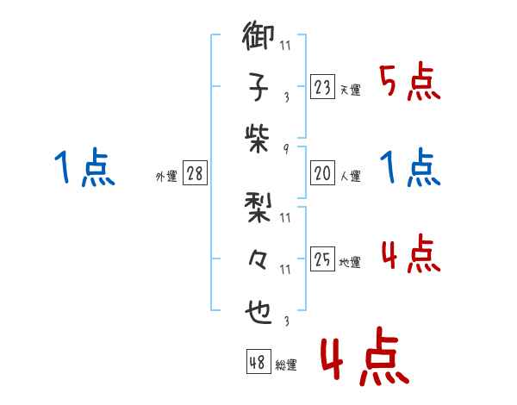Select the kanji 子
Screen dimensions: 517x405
click(259, 88)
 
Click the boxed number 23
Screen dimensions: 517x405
click(321, 86)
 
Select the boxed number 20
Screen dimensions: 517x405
click(321, 173)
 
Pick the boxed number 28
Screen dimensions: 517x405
click(195, 173)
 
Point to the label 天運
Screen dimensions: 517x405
click(351, 90)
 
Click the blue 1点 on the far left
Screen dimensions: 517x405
click(84, 168)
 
